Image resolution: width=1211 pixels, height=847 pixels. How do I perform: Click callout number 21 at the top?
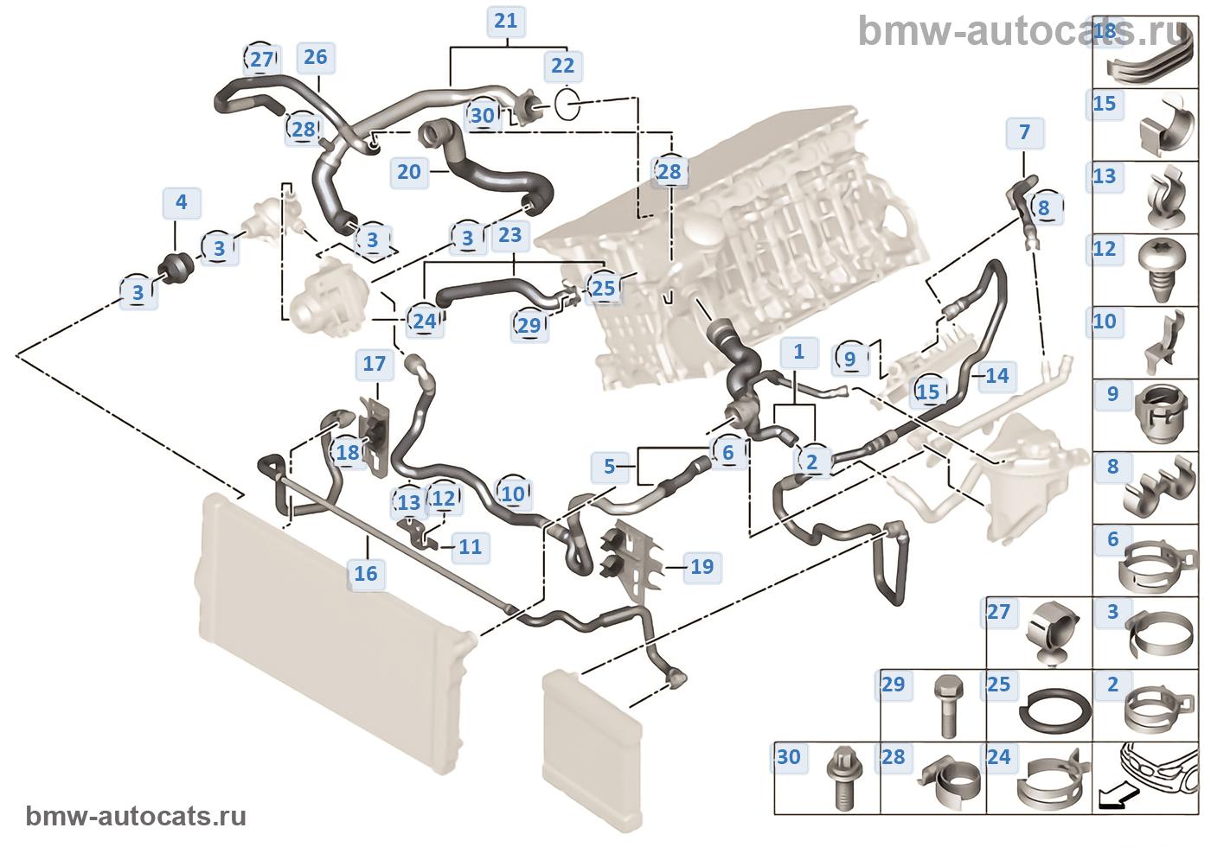506,21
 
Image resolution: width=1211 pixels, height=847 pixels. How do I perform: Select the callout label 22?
562,66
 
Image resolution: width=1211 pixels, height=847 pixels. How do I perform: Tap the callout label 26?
316,57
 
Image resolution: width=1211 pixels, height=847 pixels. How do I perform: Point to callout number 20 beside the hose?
408,171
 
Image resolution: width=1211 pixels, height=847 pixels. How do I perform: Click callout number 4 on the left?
181,203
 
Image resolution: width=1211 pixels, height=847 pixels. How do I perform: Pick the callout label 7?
1024,132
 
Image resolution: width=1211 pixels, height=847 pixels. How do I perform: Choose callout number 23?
510,234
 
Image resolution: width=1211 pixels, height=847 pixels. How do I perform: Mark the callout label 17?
374,363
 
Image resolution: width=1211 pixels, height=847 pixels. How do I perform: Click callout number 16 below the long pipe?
366,572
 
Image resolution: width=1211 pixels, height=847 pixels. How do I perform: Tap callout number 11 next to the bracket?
470,546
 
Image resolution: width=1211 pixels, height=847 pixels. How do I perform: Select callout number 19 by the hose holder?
702,567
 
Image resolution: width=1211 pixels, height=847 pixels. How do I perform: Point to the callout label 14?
996,375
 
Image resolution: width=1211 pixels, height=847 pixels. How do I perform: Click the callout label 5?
609,467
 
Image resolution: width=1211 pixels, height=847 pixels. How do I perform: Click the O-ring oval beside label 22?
566,105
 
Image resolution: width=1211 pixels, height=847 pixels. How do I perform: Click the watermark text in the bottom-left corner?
137,817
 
